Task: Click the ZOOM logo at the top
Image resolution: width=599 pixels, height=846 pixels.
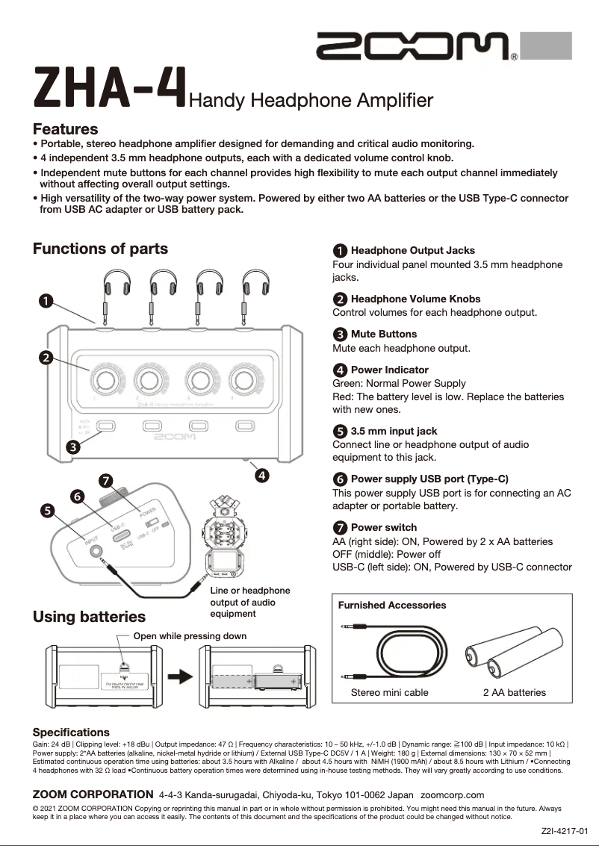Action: [x=413, y=47]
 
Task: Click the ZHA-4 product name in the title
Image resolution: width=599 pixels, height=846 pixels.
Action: [x=109, y=89]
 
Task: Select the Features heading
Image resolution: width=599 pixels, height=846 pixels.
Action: [x=65, y=129]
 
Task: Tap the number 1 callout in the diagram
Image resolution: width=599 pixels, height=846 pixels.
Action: [x=46, y=300]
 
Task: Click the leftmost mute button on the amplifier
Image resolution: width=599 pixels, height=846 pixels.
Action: [x=106, y=426]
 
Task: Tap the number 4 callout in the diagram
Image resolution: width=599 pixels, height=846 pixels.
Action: [x=262, y=474]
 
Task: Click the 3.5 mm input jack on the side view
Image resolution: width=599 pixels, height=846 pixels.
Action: [x=96, y=553]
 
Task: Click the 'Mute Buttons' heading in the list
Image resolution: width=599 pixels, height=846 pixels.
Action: [x=383, y=335]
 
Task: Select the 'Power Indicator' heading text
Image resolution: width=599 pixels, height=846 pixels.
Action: [x=389, y=370]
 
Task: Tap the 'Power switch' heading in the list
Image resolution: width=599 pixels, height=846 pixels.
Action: [x=383, y=527]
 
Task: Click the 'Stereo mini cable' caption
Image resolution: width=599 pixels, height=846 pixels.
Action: [x=389, y=692]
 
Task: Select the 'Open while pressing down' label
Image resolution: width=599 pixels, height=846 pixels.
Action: [x=189, y=636]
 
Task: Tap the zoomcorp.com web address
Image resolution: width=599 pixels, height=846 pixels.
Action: [x=453, y=794]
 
